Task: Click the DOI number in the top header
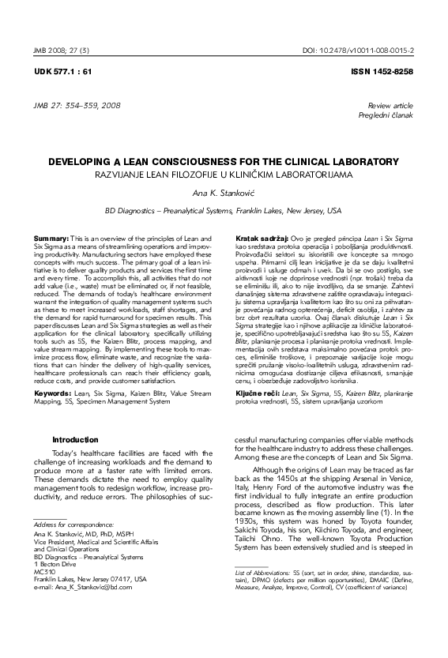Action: coord(369,50)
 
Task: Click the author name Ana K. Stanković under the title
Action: coord(224,192)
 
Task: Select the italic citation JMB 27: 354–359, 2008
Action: coord(77,105)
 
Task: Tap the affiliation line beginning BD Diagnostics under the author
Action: coord(224,211)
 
